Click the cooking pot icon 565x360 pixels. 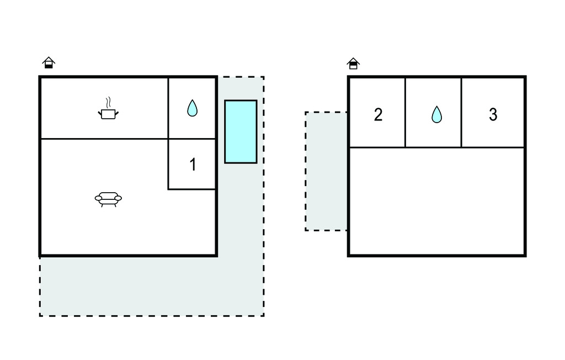108,114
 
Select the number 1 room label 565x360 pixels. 193,165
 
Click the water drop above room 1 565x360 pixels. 192,108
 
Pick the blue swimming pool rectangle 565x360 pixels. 241,131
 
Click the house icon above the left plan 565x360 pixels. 49,63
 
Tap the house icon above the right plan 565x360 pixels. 353,63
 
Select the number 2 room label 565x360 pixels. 378,115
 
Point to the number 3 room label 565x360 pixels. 493,115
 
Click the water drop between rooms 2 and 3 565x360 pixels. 436,114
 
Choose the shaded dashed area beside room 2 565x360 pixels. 326,171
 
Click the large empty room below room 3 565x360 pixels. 436,201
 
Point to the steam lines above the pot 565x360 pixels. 109,102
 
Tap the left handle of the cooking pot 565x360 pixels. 100,114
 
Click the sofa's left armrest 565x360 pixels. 98,198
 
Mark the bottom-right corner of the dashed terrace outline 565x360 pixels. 264,316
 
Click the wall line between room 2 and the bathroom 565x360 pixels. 406,113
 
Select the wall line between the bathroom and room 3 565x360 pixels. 461,113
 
